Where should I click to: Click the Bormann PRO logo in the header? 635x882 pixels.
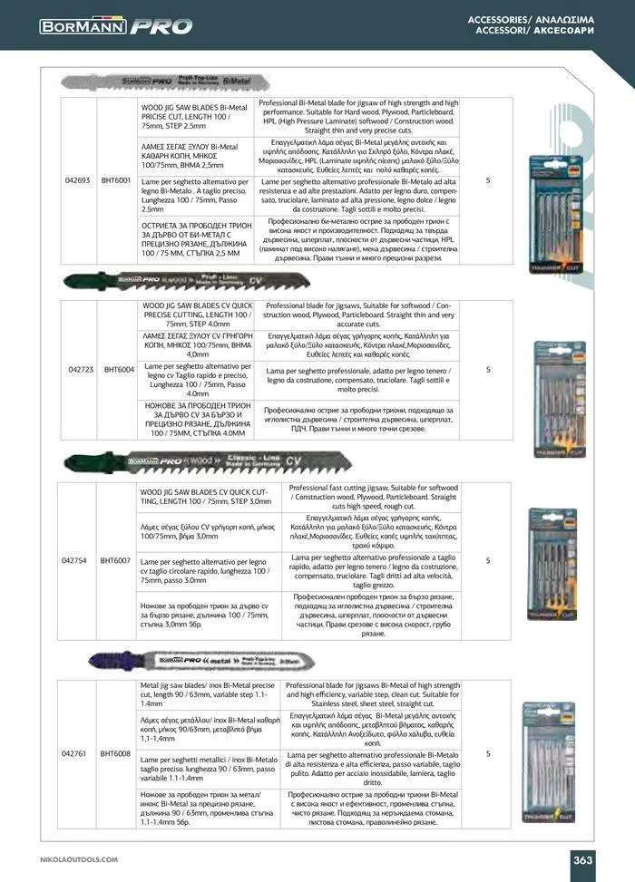click(115, 27)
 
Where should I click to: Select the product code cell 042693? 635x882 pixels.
click(78, 180)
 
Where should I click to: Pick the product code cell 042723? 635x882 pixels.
click(81, 369)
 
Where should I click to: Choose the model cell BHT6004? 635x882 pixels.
click(119, 369)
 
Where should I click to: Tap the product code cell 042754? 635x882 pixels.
click(78, 560)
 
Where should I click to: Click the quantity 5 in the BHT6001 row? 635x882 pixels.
click(488, 180)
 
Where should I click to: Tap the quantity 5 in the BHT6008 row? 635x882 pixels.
click(488, 753)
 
